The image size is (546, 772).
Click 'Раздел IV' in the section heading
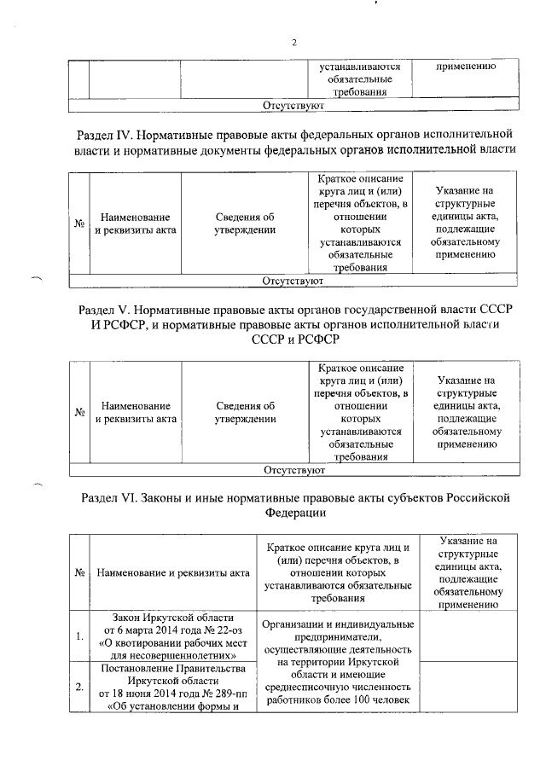(105, 134)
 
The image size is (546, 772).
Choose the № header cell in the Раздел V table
(78, 413)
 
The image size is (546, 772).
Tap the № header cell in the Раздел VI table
(78, 573)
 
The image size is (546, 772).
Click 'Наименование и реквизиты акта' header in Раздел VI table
(173, 573)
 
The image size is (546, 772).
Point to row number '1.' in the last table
(78, 636)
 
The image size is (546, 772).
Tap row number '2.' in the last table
(78, 686)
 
